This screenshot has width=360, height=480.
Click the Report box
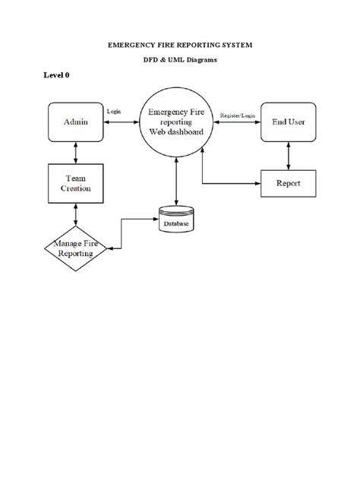[x=288, y=183]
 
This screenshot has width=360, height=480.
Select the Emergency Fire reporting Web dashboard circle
[x=176, y=123]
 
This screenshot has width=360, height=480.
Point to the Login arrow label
[x=114, y=112]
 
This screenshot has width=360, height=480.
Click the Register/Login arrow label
[x=238, y=115]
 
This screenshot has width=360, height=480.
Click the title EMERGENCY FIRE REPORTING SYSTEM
[x=179, y=46]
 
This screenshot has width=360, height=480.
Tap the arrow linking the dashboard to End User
[x=238, y=123]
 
